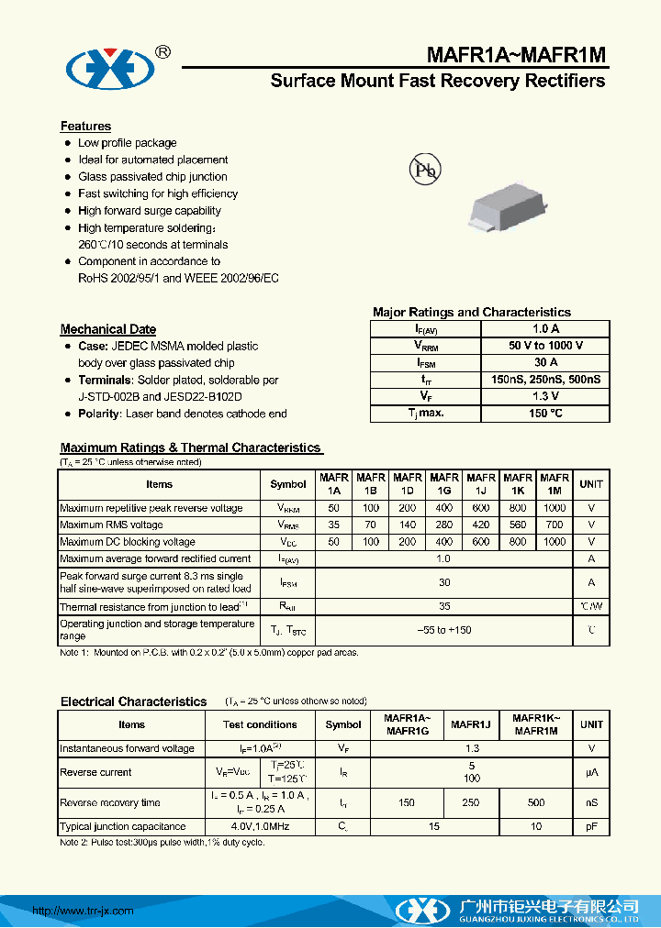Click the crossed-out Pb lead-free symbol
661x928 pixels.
tap(424, 170)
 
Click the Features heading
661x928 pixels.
tap(85, 127)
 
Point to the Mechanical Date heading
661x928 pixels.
tap(108, 329)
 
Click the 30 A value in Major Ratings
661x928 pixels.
tap(545, 363)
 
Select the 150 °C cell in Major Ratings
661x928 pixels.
tap(545, 413)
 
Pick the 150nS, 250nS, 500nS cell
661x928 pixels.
tap(545, 380)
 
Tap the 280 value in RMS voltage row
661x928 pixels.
tap(444, 525)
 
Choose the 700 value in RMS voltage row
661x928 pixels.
tap(555, 525)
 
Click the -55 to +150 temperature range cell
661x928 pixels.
tap(444, 630)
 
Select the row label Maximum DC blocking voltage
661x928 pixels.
tap(128, 542)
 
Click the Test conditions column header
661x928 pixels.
tap(261, 724)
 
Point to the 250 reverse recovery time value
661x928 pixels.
tap(471, 802)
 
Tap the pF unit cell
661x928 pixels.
tap(592, 827)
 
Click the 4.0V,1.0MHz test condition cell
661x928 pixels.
tap(261, 827)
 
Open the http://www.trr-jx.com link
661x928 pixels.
tap(84, 911)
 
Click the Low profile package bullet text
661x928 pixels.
tap(128, 143)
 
